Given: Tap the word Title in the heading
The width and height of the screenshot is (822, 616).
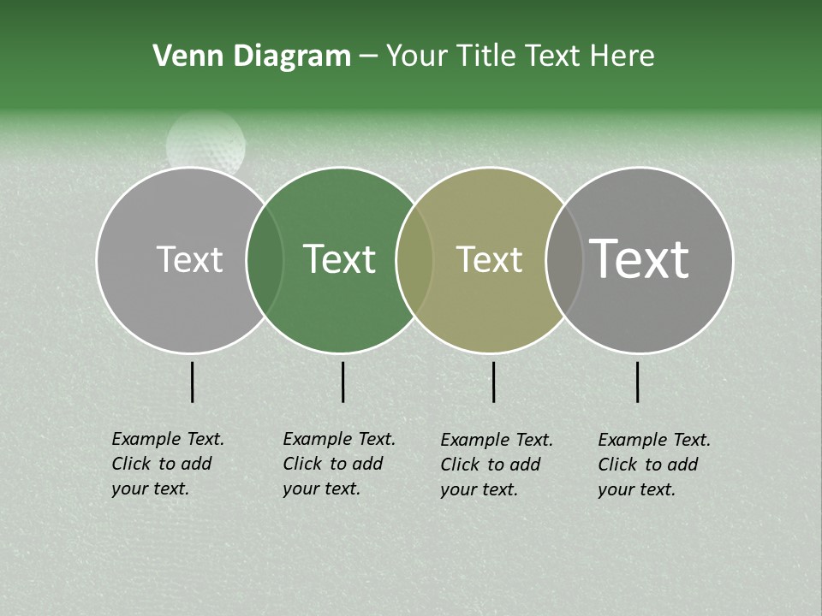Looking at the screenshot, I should pyautogui.click(x=487, y=56).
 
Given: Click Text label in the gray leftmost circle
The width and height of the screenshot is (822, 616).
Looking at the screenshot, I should pyautogui.click(x=189, y=259).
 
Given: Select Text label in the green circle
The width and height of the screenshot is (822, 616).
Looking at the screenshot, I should pyautogui.click(x=339, y=259).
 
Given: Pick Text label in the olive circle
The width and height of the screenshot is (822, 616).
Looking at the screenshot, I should pyautogui.click(x=489, y=259).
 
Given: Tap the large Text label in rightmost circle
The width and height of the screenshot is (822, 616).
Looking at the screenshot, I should pyautogui.click(x=640, y=259).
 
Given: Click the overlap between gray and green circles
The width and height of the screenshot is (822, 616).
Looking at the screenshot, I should pyautogui.click(x=265, y=259).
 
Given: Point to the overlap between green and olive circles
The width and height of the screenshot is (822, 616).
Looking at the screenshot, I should pyautogui.click(x=414, y=259).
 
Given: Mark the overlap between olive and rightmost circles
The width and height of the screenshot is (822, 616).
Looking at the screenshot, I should pyautogui.click(x=564, y=259).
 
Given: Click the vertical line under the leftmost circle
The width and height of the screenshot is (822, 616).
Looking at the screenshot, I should pyautogui.click(x=193, y=382).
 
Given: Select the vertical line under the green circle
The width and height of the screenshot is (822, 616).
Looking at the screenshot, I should pyautogui.click(x=342, y=382).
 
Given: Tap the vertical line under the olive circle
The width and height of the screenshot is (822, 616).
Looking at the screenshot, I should pyautogui.click(x=493, y=382).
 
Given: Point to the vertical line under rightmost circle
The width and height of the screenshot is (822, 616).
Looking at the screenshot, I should pyautogui.click(x=638, y=382).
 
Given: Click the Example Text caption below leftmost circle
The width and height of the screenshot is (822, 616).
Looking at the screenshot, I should pyautogui.click(x=168, y=464).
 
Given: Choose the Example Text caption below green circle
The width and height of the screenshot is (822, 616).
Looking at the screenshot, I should pyautogui.click(x=339, y=464).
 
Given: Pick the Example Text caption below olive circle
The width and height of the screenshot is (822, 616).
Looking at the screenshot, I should pyautogui.click(x=497, y=465).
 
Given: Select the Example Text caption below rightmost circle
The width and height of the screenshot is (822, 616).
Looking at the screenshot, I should pyautogui.click(x=654, y=465).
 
